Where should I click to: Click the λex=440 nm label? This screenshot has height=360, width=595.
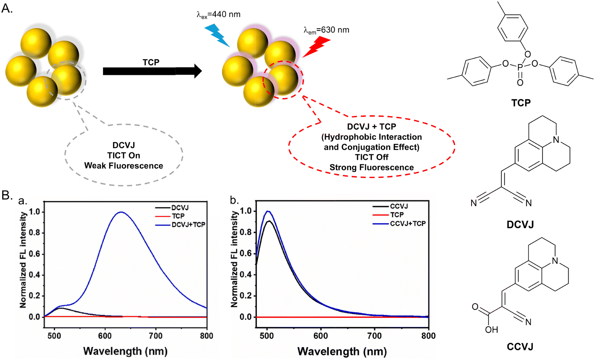tap(218, 15)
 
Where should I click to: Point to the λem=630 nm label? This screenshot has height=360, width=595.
tap(326, 30)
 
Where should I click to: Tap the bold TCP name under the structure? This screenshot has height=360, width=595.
tap(521, 103)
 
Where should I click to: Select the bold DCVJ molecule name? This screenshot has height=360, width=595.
tap(520, 225)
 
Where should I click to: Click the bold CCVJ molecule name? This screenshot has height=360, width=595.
tap(520, 347)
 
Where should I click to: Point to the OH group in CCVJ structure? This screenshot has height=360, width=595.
tap(491, 330)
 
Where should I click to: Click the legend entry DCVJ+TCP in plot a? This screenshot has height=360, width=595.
tap(188, 225)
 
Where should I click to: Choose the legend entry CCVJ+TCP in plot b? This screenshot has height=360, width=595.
tap(408, 224)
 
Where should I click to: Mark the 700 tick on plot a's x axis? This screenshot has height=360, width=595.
tap(156, 336)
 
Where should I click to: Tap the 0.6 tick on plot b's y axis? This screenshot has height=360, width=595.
tap(246, 253)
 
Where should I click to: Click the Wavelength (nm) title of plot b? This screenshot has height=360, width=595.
tap(342, 351)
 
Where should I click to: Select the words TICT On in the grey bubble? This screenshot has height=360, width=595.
tap(123, 155)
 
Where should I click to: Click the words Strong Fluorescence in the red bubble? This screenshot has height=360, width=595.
tap(371, 167)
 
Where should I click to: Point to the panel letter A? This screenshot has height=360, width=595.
tap(7, 8)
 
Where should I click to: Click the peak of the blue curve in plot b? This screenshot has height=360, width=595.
tap(267, 211)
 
